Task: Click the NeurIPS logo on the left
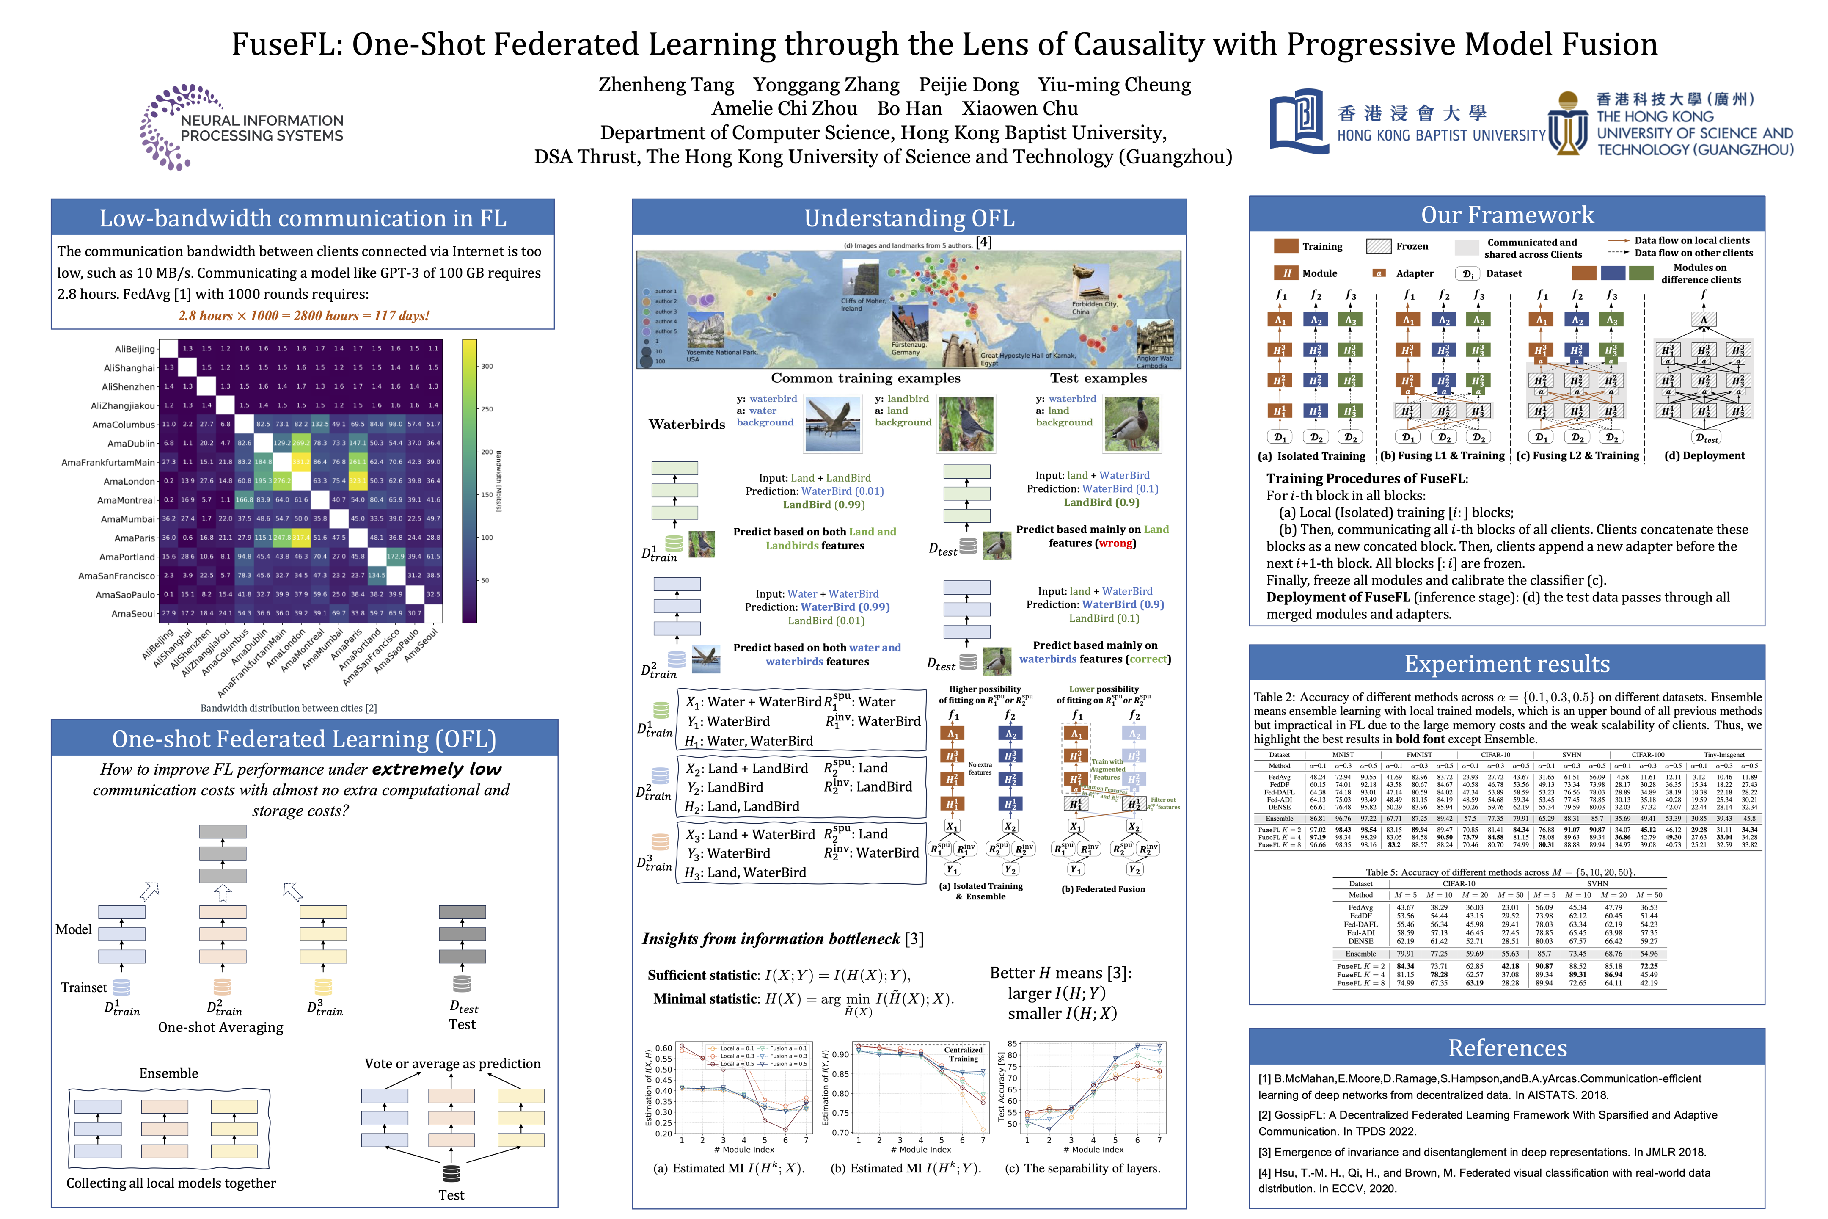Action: click(x=241, y=127)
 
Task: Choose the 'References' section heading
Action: click(x=1506, y=1048)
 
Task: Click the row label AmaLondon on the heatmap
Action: click(x=129, y=481)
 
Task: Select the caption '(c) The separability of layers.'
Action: click(x=1082, y=1168)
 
